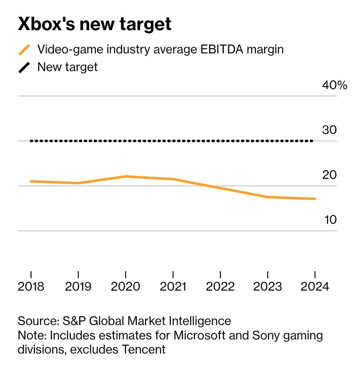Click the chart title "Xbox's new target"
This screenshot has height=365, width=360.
(x=94, y=24)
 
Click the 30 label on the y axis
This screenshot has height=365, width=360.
(x=329, y=130)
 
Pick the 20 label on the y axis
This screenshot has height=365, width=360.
(x=329, y=175)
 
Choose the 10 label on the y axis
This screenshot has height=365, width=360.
(x=329, y=220)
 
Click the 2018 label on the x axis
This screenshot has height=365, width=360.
(x=31, y=286)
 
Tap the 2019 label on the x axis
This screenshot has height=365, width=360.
(x=78, y=286)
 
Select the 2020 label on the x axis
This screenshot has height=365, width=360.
(x=125, y=286)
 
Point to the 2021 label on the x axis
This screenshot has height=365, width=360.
(x=173, y=286)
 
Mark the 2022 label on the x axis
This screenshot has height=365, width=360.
(x=220, y=286)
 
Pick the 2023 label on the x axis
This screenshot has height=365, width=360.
(x=268, y=286)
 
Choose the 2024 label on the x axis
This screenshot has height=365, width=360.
(x=315, y=286)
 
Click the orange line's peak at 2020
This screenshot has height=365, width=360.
(x=126, y=177)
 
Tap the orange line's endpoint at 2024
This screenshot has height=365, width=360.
(x=314, y=199)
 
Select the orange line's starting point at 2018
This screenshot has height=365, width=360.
(x=31, y=181)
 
